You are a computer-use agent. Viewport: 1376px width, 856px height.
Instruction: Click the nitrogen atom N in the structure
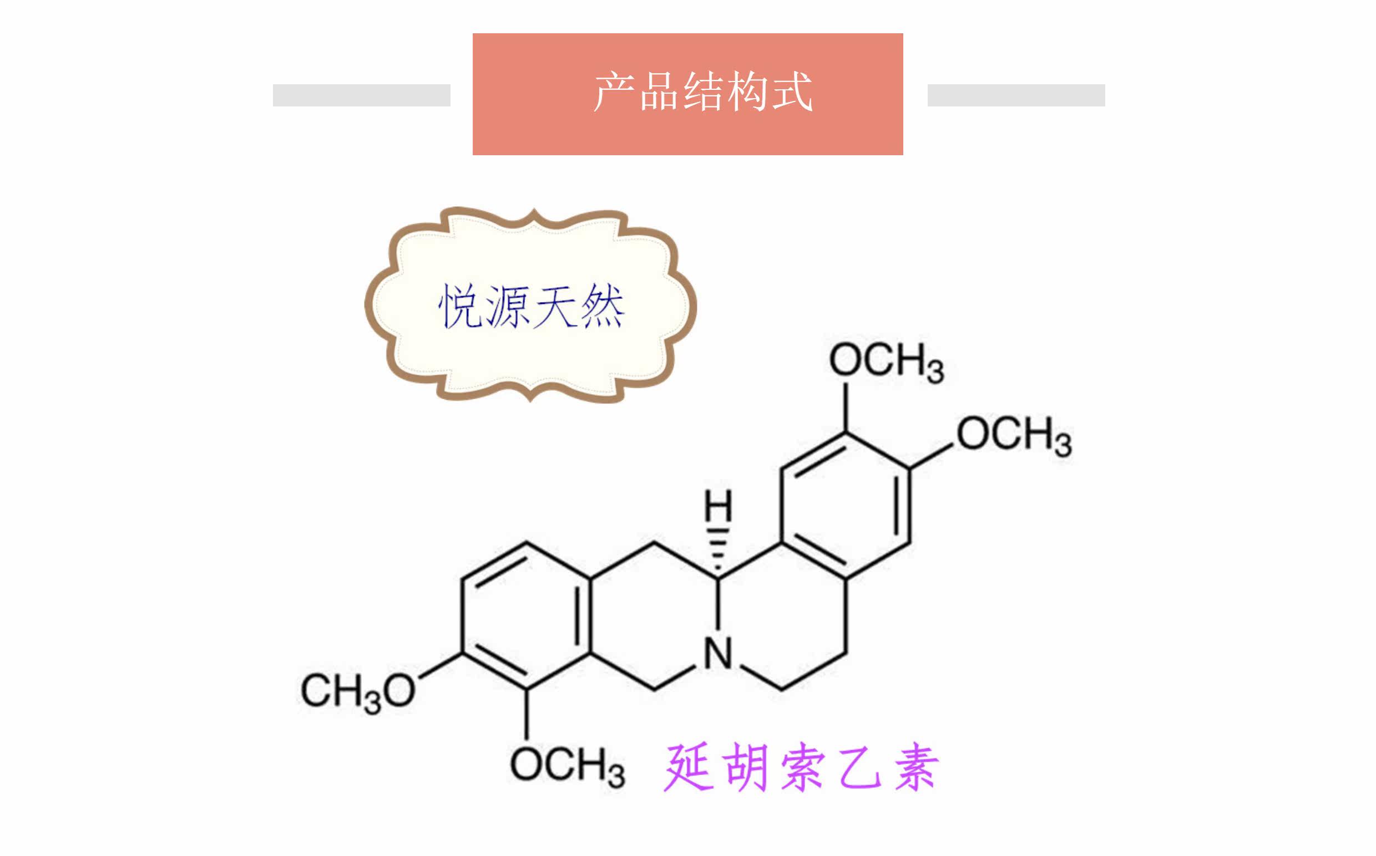pyautogui.click(x=719, y=654)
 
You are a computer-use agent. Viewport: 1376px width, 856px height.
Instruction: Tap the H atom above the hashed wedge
pyautogui.click(x=718, y=506)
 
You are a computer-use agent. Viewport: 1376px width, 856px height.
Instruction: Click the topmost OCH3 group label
pyautogui.click(x=886, y=363)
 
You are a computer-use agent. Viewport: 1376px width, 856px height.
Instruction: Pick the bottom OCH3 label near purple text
pyautogui.click(x=567, y=767)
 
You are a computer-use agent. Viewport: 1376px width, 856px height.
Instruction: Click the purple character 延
pyautogui.click(x=687, y=768)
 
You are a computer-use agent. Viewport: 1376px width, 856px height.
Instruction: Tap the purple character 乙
pyautogui.click(x=859, y=768)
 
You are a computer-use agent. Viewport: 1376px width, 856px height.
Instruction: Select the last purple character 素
pyautogui.click(x=917, y=768)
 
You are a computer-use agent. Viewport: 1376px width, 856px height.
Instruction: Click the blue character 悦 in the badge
pyautogui.click(x=460, y=306)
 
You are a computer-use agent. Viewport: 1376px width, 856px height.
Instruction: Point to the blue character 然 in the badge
pyautogui.click(x=602, y=306)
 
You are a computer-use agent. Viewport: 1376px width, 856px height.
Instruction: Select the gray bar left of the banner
pyautogui.click(x=361, y=95)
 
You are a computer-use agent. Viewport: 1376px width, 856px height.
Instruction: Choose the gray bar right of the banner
pyautogui.click(x=1016, y=95)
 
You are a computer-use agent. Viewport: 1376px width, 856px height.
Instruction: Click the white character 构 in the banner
pyautogui.click(x=748, y=91)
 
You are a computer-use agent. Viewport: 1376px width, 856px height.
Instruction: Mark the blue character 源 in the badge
pyautogui.click(x=507, y=306)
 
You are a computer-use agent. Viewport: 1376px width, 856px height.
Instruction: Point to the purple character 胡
pyautogui.click(x=745, y=768)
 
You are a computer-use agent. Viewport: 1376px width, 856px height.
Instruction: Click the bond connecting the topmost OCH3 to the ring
pyautogui.click(x=846, y=407)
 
